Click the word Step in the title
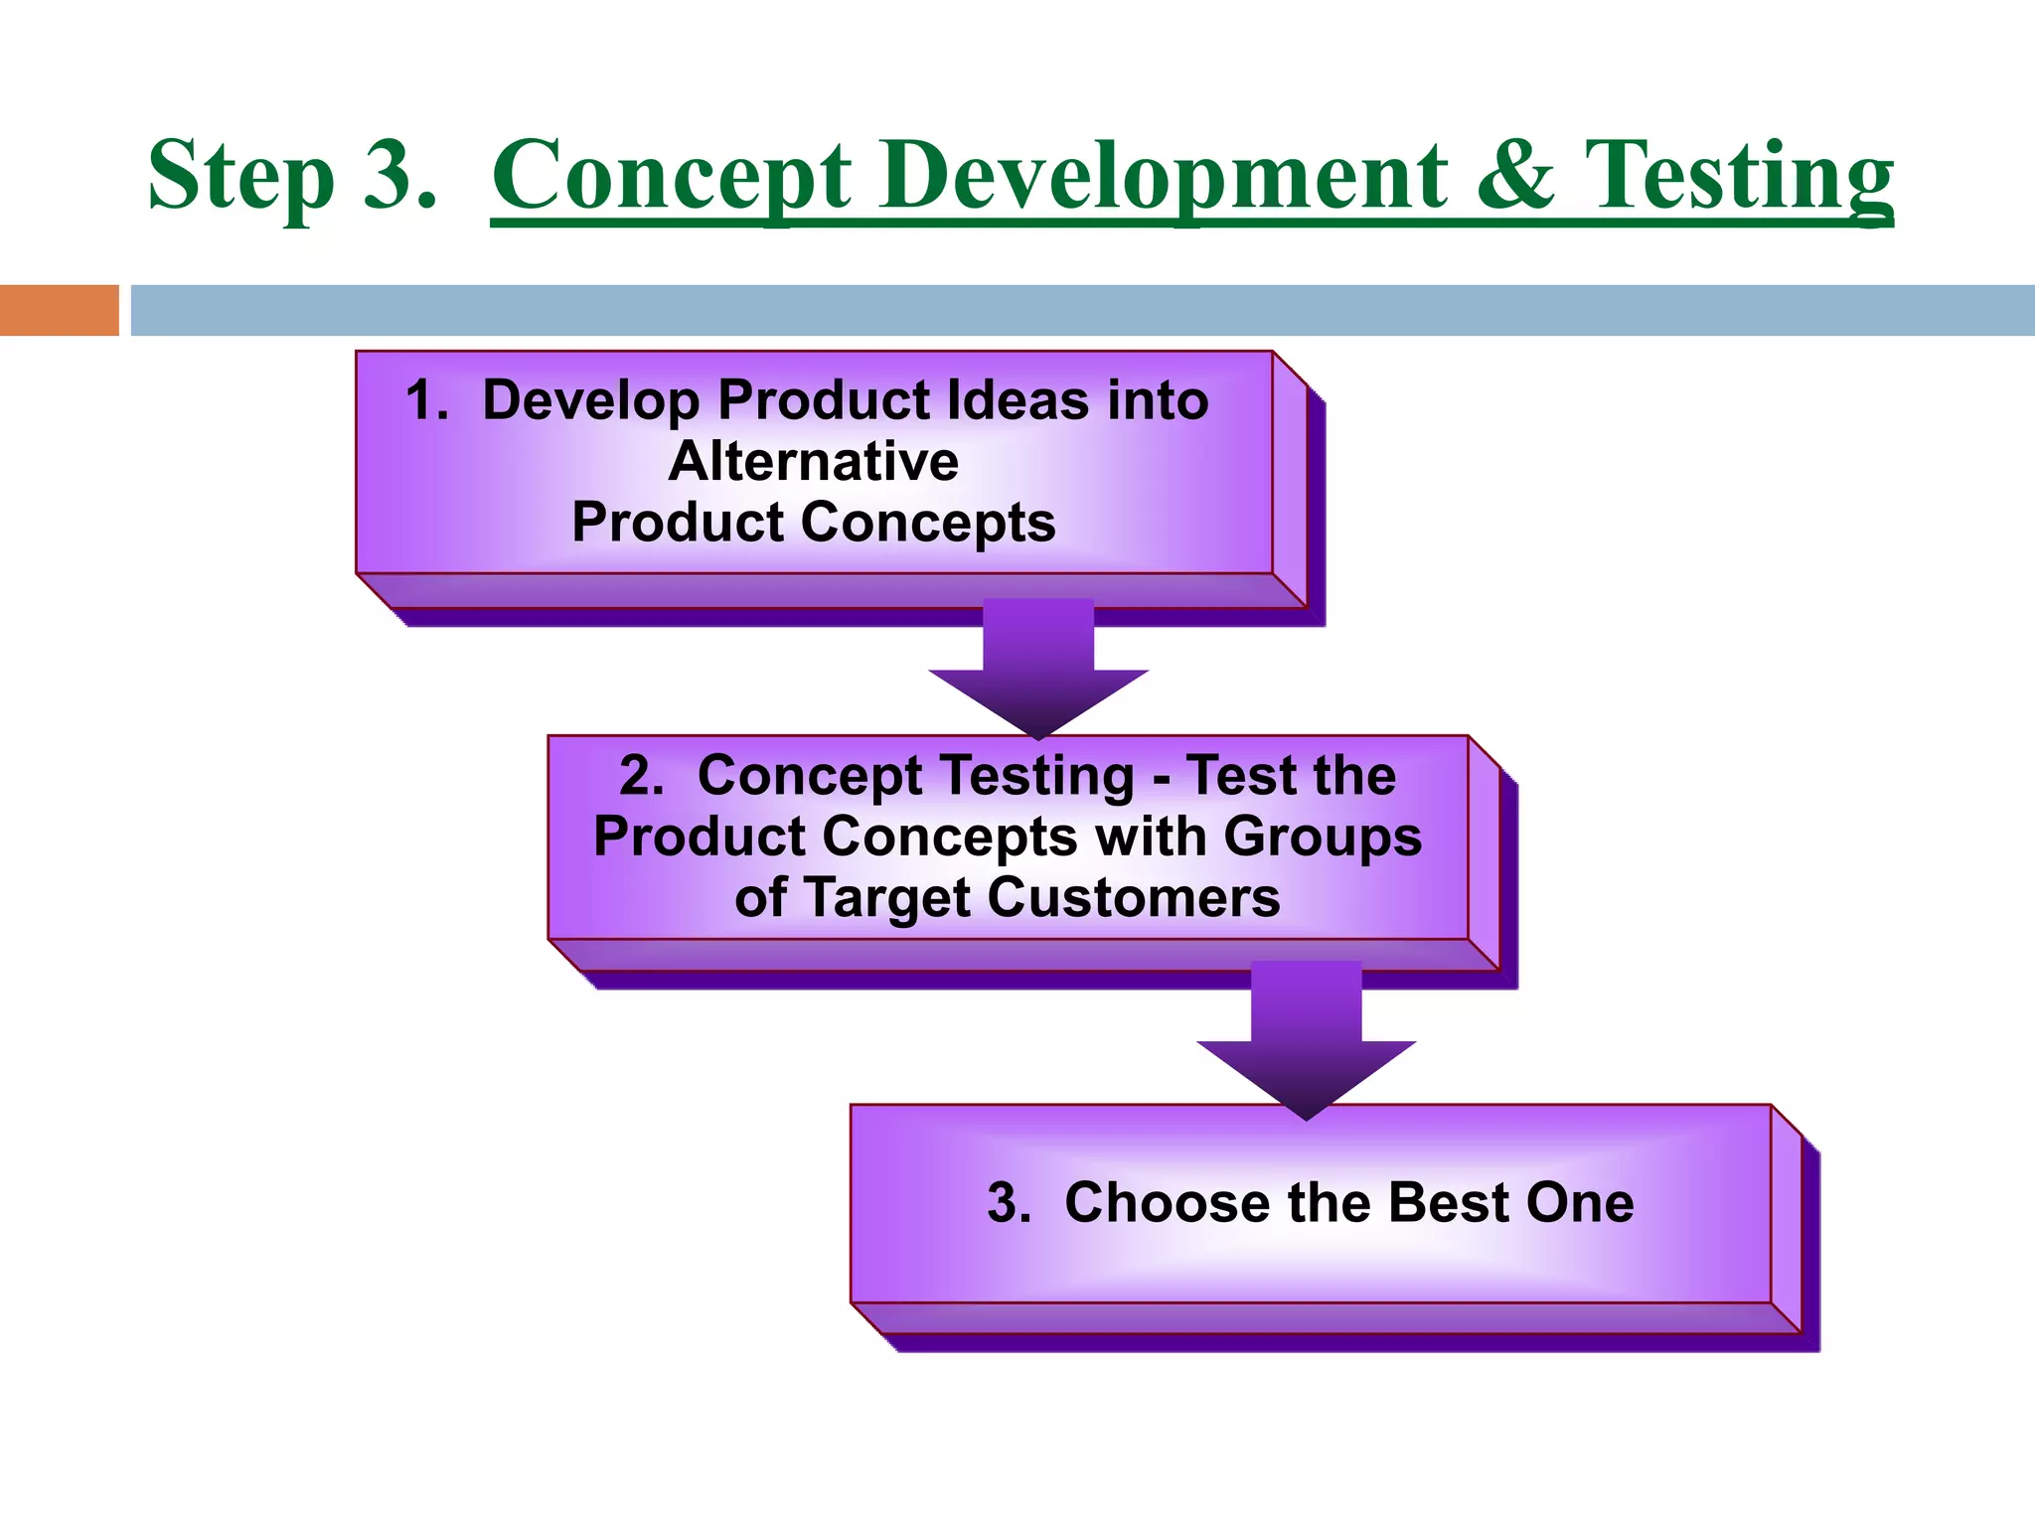pyautogui.click(x=240, y=176)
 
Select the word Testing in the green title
pyautogui.click(x=1739, y=176)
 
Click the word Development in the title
pyautogui.click(x=1163, y=176)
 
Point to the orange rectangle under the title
pyautogui.click(x=59, y=310)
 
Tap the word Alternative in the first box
pyautogui.click(x=814, y=462)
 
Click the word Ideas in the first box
pyautogui.click(x=1017, y=400)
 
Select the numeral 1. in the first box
pyautogui.click(x=427, y=400)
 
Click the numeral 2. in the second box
pyautogui.click(x=641, y=775)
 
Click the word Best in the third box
pyautogui.click(x=1448, y=1203)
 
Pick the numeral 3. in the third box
pyautogui.click(x=1009, y=1203)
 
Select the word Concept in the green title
pyautogui.click(x=672, y=176)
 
